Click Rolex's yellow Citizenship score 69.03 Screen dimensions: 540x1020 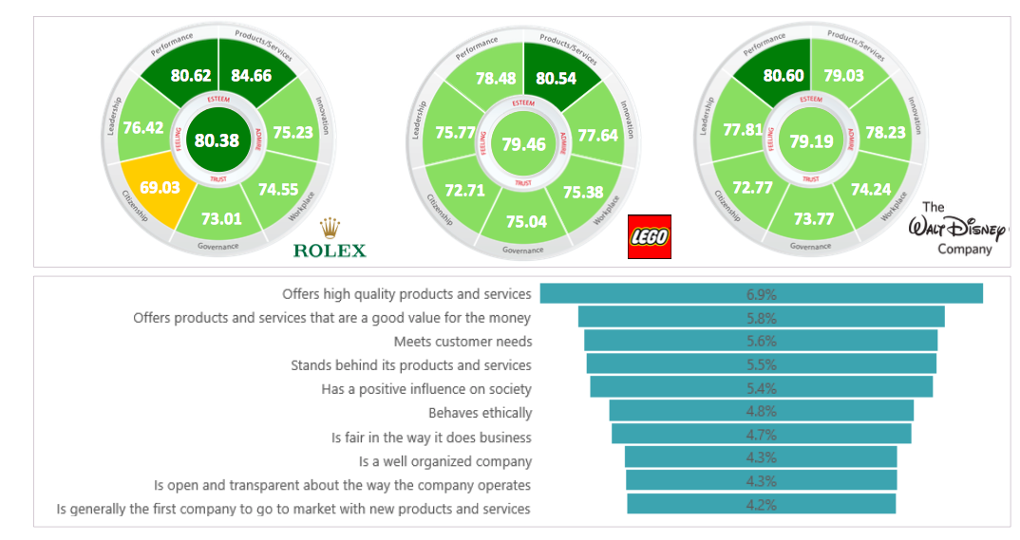click(x=160, y=188)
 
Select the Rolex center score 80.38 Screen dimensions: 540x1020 click(x=217, y=140)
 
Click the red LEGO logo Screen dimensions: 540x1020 click(x=650, y=236)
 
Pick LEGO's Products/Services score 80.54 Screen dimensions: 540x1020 click(x=556, y=79)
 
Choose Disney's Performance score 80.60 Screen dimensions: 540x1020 click(x=784, y=76)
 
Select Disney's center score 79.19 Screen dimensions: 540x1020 click(x=810, y=142)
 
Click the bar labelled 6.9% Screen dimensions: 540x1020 click(x=761, y=294)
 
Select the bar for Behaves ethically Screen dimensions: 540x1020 click(x=761, y=411)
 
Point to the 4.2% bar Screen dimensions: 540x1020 click(x=761, y=505)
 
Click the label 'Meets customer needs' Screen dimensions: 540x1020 click(x=463, y=342)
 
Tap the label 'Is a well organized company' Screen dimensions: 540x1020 click(x=445, y=461)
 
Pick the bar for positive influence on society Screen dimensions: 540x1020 click(x=761, y=387)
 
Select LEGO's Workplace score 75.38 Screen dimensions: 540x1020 click(x=583, y=193)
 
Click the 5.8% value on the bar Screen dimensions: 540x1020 click(x=761, y=318)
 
